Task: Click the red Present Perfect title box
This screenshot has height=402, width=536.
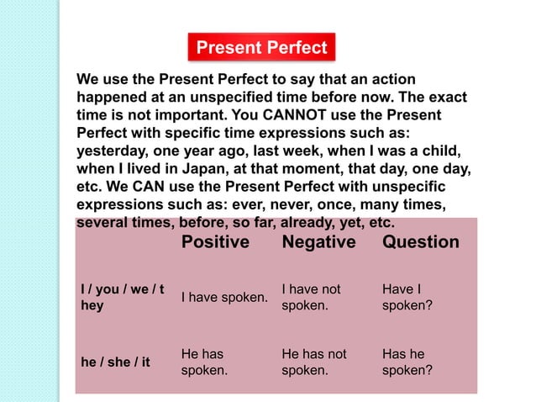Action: pos(261,47)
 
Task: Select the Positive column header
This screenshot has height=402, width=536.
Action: pos(215,242)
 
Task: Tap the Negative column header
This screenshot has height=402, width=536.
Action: pos(318,242)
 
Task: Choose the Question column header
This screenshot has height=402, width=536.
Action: pos(420,242)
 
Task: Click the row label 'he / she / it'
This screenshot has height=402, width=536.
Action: pos(115,362)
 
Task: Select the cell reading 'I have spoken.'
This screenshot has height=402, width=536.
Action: pos(224,298)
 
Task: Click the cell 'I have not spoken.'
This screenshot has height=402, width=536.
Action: pos(311,297)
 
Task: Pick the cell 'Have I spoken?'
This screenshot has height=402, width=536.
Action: pos(407,297)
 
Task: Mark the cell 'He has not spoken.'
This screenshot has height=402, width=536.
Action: pos(313,362)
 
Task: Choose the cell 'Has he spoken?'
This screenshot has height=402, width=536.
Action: pos(407,362)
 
